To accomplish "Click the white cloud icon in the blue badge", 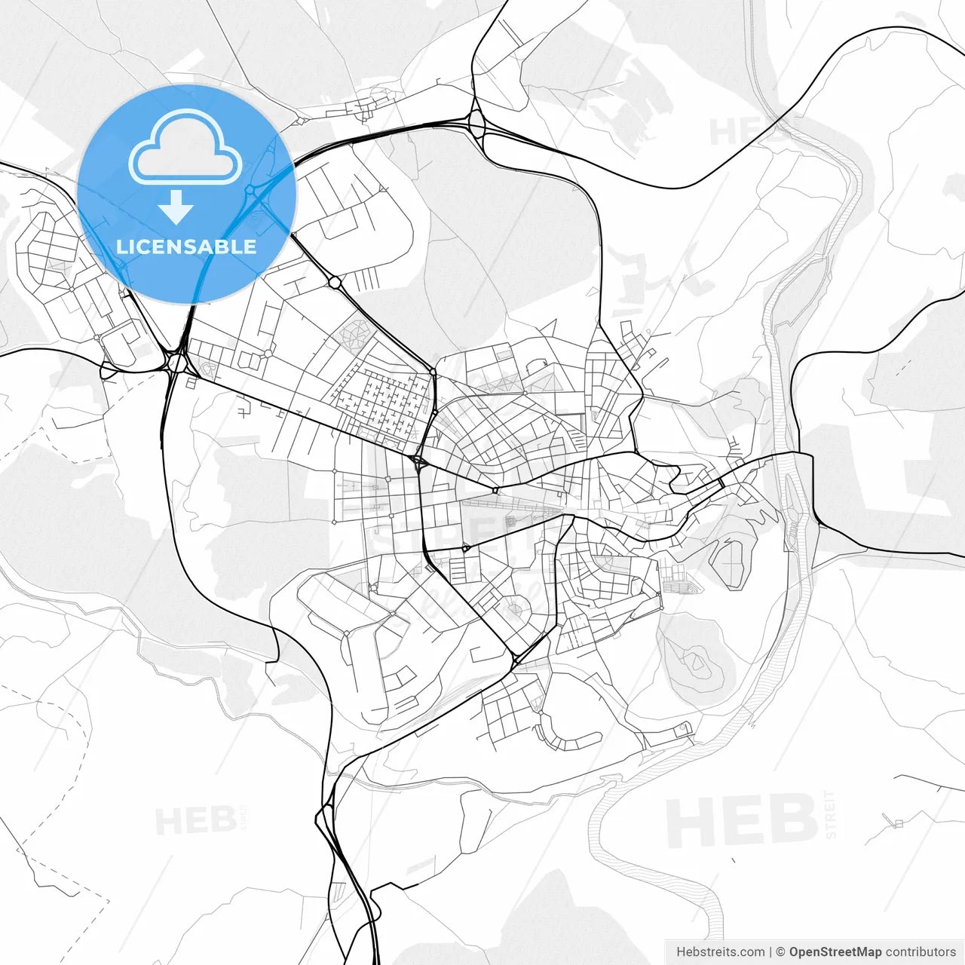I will [x=185, y=147].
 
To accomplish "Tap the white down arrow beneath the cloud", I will [x=176, y=207].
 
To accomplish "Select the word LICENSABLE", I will [x=186, y=247].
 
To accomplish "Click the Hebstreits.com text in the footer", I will [x=720, y=952].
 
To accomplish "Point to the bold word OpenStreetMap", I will [x=835, y=952].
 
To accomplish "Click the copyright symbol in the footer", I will [x=780, y=952].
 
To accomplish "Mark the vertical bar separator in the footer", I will [x=770, y=952].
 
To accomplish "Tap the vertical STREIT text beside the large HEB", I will [x=830, y=814].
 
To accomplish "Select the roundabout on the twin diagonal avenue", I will [x=335, y=283].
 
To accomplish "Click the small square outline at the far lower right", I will [x=898, y=823].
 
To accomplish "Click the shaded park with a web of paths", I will [x=355, y=332].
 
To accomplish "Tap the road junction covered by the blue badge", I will [x=254, y=193].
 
